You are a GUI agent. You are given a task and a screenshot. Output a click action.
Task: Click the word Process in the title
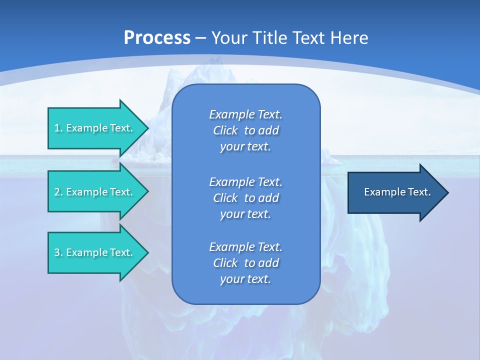click(157, 38)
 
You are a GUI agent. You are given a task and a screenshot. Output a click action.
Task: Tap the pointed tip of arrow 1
click(147, 128)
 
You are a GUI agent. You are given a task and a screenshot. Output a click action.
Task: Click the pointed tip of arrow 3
click(147, 252)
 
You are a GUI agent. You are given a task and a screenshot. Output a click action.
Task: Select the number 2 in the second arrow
click(57, 192)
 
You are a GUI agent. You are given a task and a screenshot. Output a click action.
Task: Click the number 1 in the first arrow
click(57, 128)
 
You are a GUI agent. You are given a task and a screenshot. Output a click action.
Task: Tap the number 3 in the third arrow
click(57, 252)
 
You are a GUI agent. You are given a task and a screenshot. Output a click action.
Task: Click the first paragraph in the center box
click(245, 130)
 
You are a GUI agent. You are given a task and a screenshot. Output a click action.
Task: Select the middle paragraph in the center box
click(245, 197)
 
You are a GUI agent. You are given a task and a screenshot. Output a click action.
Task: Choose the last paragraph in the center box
click(245, 263)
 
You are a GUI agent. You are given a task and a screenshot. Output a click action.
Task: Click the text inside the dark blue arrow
click(397, 192)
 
